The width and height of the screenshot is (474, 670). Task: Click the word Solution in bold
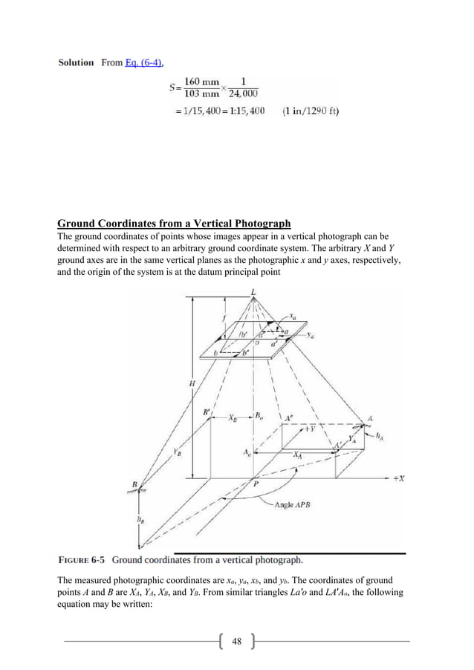(77, 62)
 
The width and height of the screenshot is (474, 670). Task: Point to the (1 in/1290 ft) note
(311, 112)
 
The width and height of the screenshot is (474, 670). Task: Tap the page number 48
(237, 641)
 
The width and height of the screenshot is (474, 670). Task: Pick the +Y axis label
(307, 429)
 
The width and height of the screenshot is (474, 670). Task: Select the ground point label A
(367, 418)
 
